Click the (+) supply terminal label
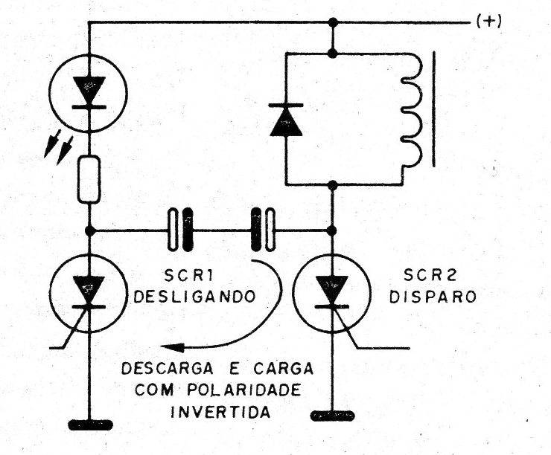[488, 22]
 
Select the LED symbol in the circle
[88, 94]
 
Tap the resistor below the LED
[89, 180]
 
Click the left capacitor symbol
[181, 230]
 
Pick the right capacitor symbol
[263, 230]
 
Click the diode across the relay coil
[286, 119]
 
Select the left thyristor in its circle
[88, 293]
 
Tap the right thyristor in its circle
[332, 293]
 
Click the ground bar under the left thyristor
[90, 425]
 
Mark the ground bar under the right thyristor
[332, 416]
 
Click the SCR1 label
[188, 276]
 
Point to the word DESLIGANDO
[194, 297]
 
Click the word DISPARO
[433, 297]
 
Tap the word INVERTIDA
[220, 411]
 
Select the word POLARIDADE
[244, 390]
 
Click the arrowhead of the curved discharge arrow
[172, 347]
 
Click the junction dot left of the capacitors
[90, 230]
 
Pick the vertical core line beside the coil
[434, 109]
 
